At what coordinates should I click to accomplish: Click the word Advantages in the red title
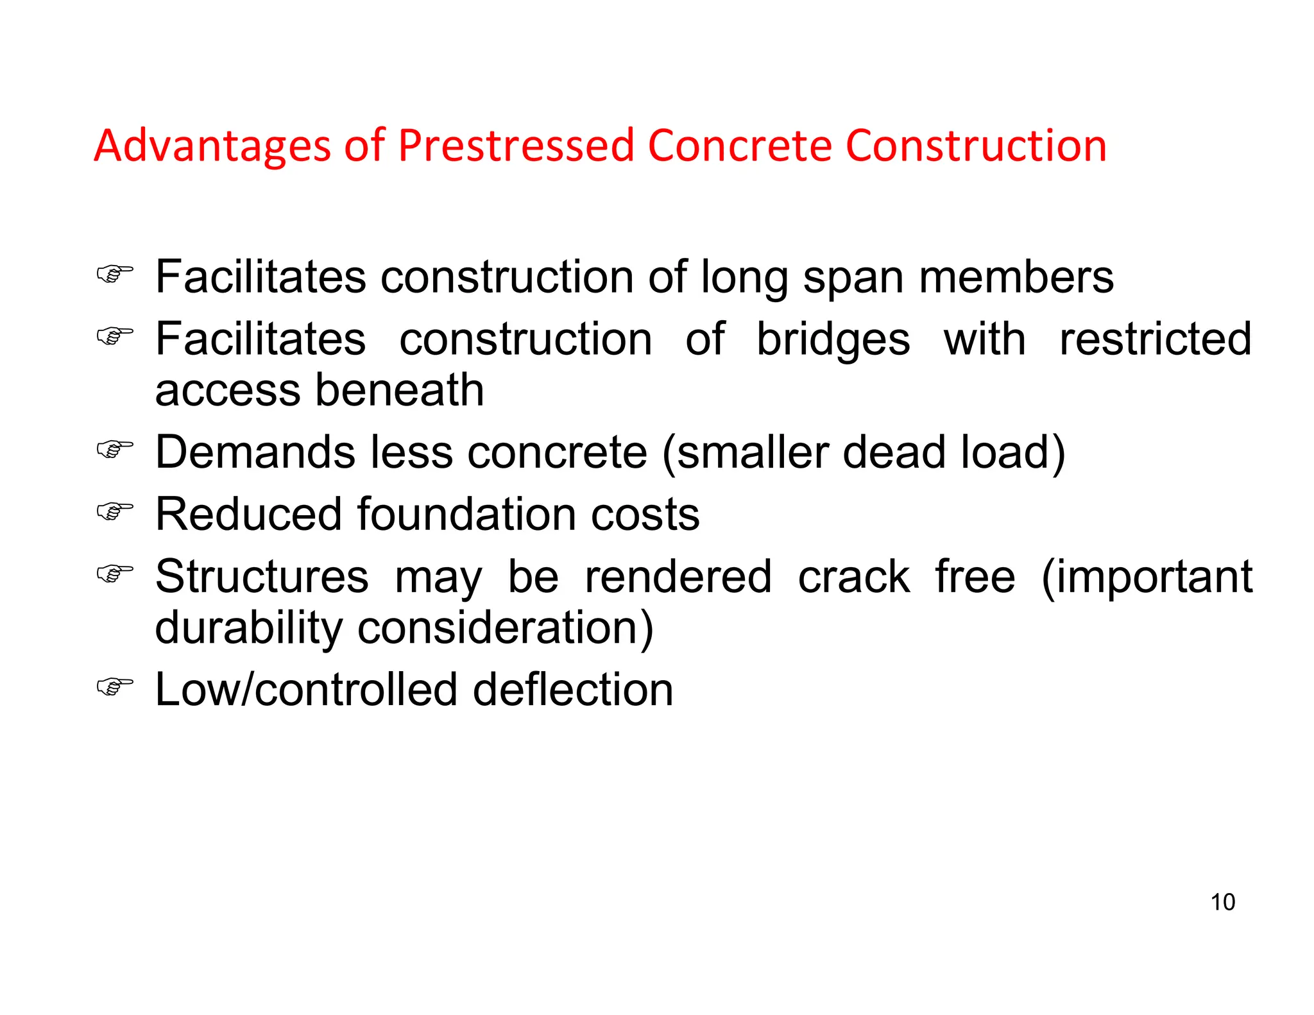coord(212,146)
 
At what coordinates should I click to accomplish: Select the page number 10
coord(1222,902)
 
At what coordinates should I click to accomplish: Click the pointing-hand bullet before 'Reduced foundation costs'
coord(115,511)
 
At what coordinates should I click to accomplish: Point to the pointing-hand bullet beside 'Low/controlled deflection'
coord(115,687)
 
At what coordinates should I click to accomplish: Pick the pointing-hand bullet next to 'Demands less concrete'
coord(115,449)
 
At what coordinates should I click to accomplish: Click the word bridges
coord(833,339)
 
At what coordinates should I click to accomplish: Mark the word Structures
coord(262,576)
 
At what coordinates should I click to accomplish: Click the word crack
coord(853,576)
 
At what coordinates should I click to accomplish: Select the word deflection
coord(573,689)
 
